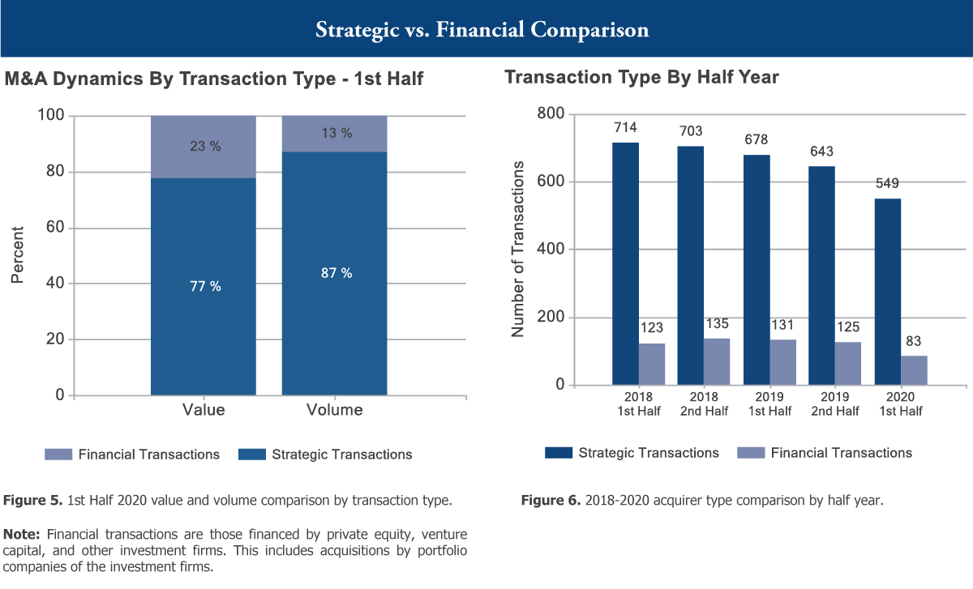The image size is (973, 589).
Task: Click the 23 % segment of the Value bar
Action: (x=204, y=147)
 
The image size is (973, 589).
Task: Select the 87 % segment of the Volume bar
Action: (x=334, y=273)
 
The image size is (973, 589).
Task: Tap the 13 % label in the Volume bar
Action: (x=336, y=134)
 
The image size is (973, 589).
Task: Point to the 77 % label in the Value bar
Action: (x=204, y=286)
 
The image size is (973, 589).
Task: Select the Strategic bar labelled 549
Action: (x=887, y=292)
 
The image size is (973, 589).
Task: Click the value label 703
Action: (x=691, y=131)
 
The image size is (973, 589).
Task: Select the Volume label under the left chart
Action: (x=334, y=410)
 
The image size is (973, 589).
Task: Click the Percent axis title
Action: (x=18, y=254)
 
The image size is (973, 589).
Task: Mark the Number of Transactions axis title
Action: (x=519, y=249)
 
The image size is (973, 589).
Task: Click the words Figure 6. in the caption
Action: (x=546, y=501)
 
